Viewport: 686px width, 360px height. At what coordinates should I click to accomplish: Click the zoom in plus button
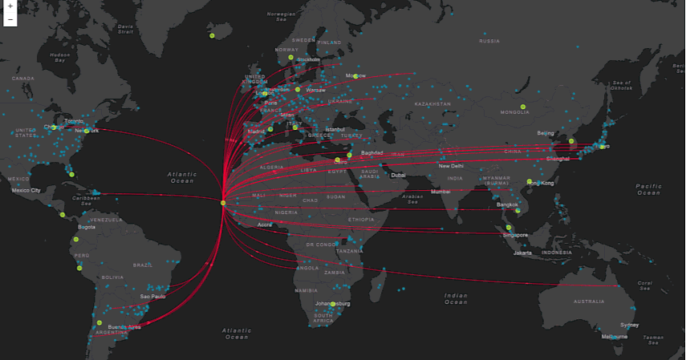[x=10, y=6]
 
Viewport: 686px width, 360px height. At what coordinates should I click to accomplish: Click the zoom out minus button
[x=10, y=18]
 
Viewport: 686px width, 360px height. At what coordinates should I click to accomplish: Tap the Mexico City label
[x=26, y=190]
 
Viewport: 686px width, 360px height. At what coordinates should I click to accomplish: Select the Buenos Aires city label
[x=124, y=327]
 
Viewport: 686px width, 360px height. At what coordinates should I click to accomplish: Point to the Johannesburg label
[x=333, y=304]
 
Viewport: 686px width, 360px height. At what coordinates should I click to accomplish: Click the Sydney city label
[x=630, y=325]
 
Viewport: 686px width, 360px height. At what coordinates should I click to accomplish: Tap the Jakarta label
[x=523, y=253]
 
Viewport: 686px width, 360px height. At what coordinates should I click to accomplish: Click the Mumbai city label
[x=441, y=192]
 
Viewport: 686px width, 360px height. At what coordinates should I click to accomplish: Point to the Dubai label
[x=399, y=175]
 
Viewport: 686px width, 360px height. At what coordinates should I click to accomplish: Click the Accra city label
[x=265, y=225]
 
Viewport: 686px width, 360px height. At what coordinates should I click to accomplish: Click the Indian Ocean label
[x=456, y=299]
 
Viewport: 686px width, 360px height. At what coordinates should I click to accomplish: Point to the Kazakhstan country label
[x=433, y=104]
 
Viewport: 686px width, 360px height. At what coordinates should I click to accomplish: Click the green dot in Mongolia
[x=522, y=107]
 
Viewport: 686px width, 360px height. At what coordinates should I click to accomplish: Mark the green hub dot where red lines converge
[x=224, y=203]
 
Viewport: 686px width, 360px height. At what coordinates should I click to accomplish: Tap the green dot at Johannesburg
[x=333, y=304]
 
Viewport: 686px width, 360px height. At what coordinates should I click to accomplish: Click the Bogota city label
[x=87, y=227]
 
